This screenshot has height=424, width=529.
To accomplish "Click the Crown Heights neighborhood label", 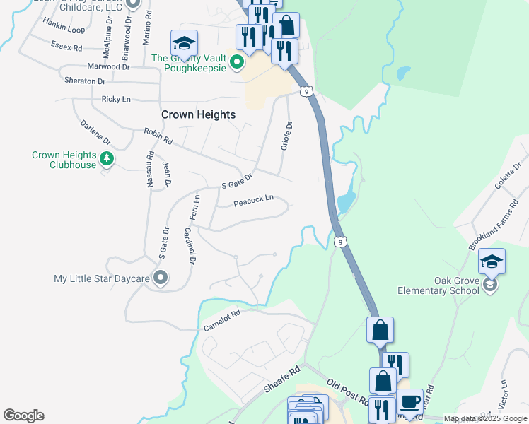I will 198,114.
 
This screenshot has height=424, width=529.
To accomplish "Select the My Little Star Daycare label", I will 102,278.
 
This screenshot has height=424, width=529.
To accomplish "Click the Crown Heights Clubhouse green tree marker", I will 107,158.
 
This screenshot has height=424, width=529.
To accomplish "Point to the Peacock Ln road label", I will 253,201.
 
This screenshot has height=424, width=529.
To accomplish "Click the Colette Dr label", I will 508,175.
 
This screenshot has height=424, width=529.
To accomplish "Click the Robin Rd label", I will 158,135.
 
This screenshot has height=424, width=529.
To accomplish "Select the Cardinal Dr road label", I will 189,245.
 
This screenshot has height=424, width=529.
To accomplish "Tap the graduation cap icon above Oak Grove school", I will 492,261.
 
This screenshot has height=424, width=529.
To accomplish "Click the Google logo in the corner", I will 23,415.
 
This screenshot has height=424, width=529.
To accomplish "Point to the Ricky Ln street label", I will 116,100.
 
